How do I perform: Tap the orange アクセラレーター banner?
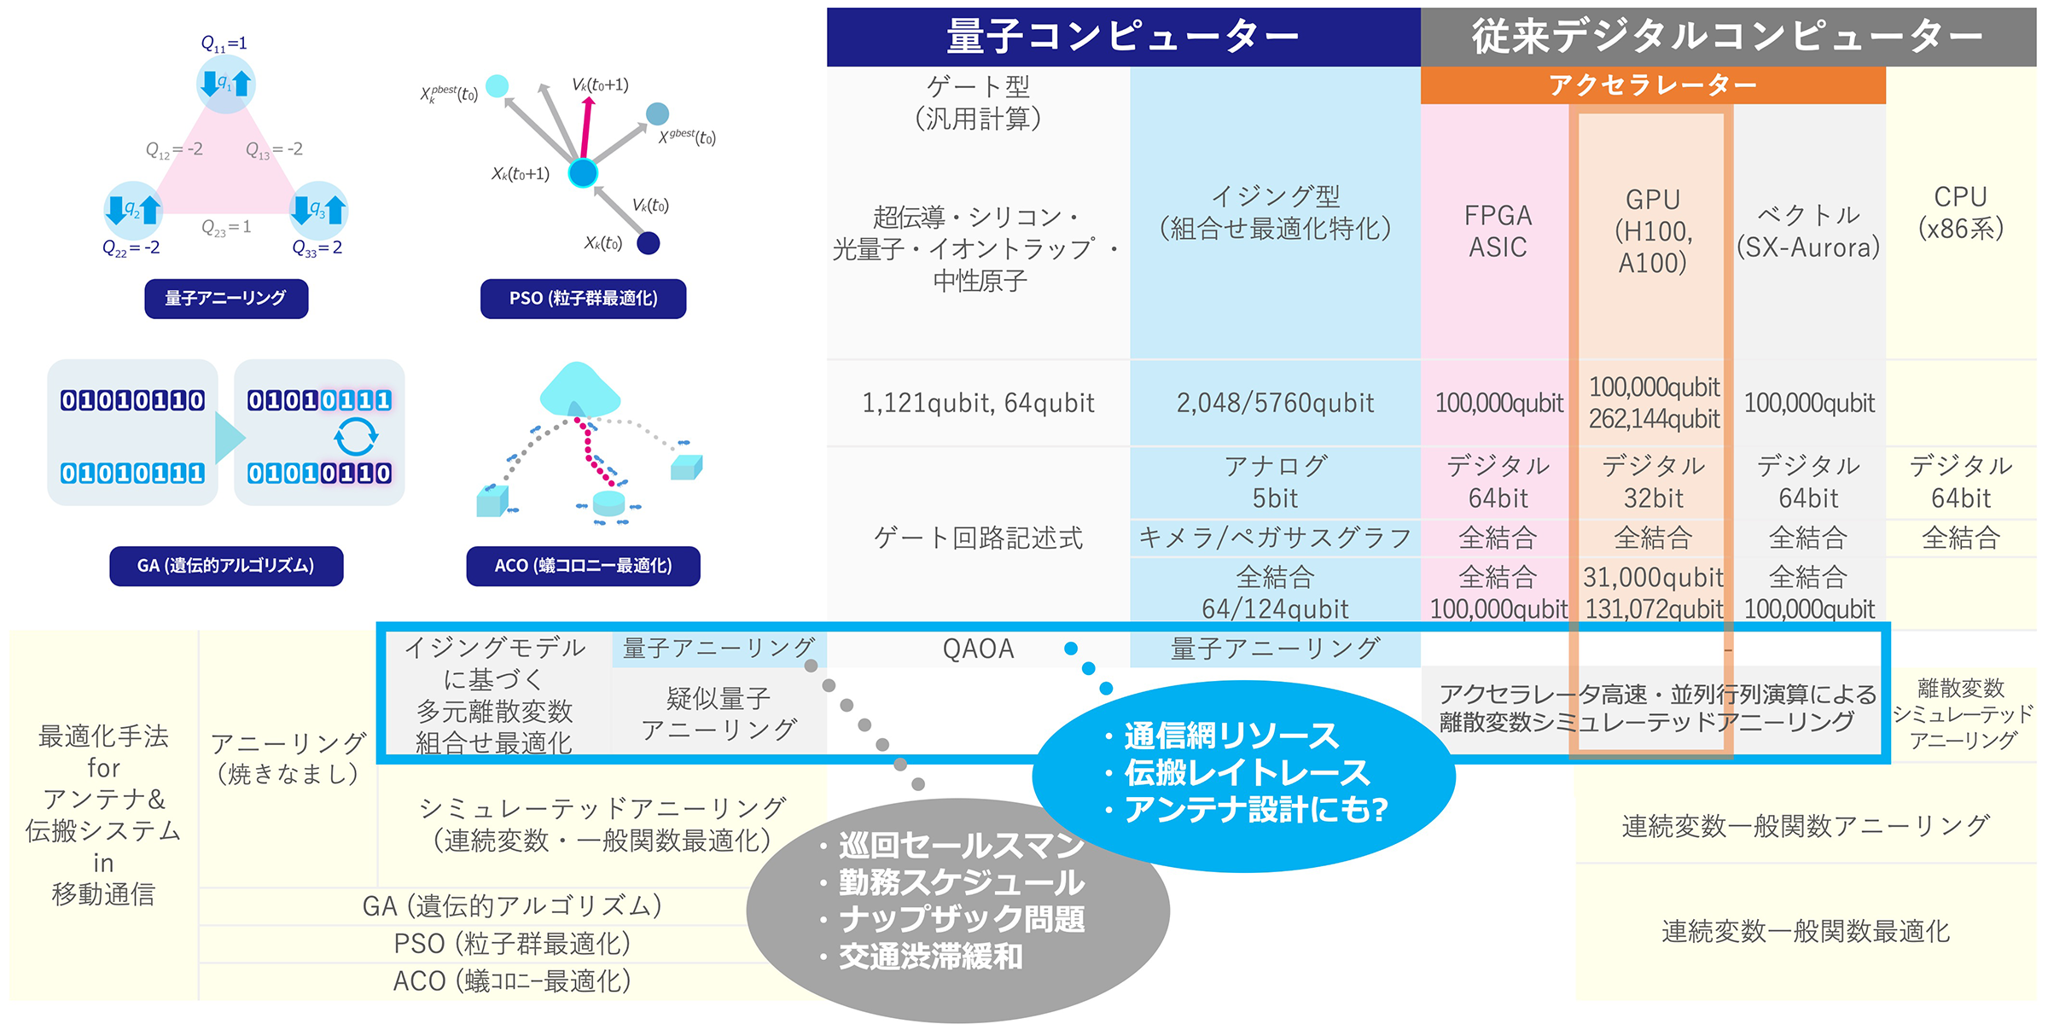pyautogui.click(x=1652, y=85)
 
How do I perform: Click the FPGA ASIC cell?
pyautogui.click(x=1498, y=230)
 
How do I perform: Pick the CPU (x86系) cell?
pyautogui.click(x=1960, y=212)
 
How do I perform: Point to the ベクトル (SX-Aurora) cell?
pyautogui.click(x=1808, y=230)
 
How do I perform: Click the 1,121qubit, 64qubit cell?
pyautogui.click(x=978, y=403)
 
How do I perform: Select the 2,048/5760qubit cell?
pyautogui.click(x=1275, y=403)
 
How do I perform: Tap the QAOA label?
pyautogui.click(x=978, y=649)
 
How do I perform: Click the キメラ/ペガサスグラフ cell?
pyautogui.click(x=1275, y=538)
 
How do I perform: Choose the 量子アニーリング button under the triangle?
pyautogui.click(x=226, y=299)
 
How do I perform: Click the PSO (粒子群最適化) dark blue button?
pyautogui.click(x=583, y=299)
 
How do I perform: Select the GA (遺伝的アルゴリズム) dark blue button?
pyautogui.click(x=226, y=566)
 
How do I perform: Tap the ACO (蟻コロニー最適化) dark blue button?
pyautogui.click(x=583, y=566)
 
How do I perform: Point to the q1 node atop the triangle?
pyautogui.click(x=225, y=84)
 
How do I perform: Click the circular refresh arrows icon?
pyautogui.click(x=355, y=437)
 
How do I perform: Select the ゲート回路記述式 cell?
pyautogui.click(x=978, y=538)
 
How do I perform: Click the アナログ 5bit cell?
pyautogui.click(x=1275, y=482)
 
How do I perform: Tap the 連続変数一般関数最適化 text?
pyautogui.click(x=1806, y=931)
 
